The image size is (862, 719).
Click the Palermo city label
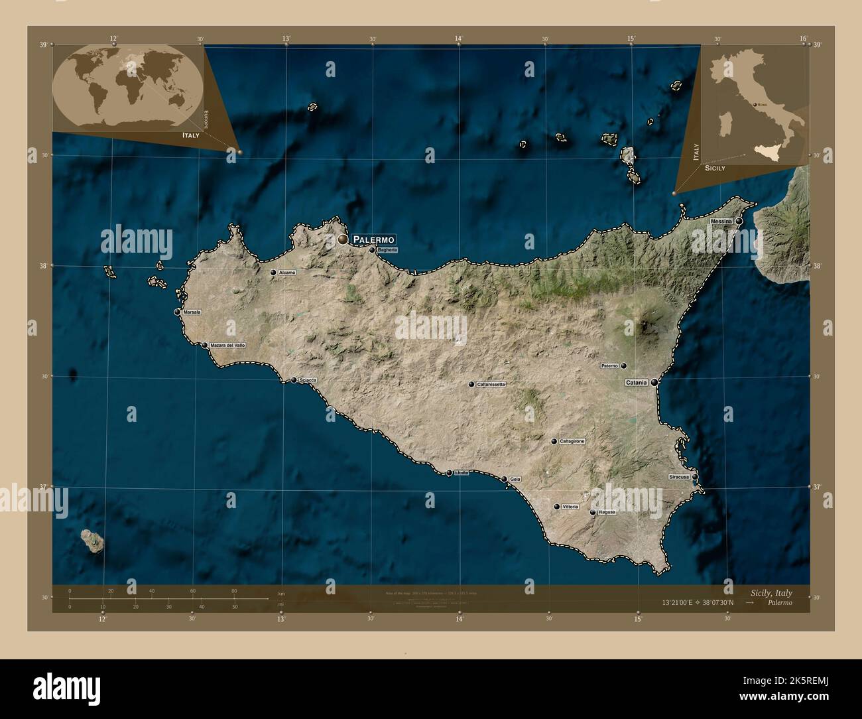[374, 239]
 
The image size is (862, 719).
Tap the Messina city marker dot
[739, 222]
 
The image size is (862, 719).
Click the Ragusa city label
[607, 512]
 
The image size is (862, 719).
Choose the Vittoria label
[570, 507]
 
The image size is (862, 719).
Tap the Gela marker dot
[504, 479]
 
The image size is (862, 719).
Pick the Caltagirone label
[572, 441]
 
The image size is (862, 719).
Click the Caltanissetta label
[491, 384]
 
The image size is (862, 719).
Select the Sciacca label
[308, 380]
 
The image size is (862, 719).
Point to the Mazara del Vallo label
[227, 345]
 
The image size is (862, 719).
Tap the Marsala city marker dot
[178, 312]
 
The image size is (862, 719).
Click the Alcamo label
[287, 273]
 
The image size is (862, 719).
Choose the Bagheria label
[387, 250]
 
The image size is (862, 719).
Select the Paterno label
[609, 365]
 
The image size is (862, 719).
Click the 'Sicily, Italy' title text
[771, 593]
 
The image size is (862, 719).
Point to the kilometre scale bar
[169, 598]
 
